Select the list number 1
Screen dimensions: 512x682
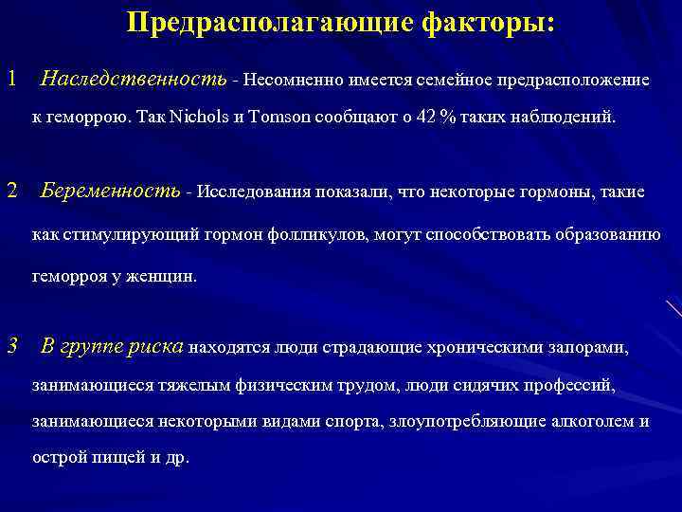click(x=11, y=79)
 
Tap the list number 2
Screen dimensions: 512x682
click(x=11, y=192)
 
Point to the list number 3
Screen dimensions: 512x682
click(x=11, y=346)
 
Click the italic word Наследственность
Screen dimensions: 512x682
click(x=134, y=79)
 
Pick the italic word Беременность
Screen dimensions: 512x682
click(x=111, y=192)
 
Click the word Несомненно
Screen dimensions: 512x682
click(x=297, y=80)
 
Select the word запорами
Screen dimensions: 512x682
click(x=587, y=348)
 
